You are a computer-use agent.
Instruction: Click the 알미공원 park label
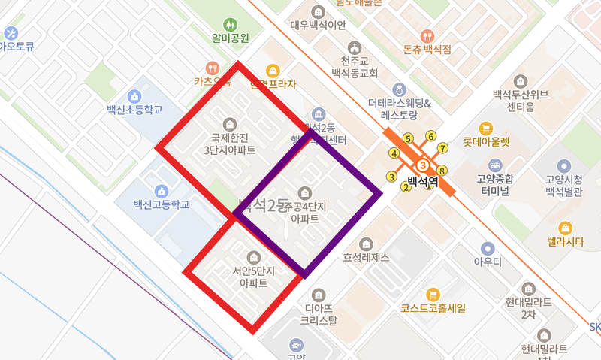coord(230,38)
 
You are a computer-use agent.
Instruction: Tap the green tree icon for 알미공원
coord(230,24)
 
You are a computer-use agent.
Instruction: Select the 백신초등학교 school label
coord(134,110)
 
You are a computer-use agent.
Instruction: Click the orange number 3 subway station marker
coord(423,165)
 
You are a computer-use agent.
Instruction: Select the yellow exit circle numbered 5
coord(408,138)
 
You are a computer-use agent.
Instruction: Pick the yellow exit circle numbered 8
coord(442,170)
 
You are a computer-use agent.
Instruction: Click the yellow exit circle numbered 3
coord(391,177)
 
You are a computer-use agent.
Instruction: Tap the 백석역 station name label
coord(422,181)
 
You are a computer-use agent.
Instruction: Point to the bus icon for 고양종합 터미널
coord(495,165)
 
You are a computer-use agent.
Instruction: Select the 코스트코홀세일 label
coord(433,308)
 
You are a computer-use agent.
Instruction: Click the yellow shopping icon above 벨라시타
coord(565,227)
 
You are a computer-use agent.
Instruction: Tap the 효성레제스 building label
coord(366,257)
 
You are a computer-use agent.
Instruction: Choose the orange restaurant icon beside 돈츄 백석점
coord(427,35)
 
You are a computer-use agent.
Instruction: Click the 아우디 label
coord(488,262)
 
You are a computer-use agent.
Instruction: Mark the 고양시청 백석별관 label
coord(564,184)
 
